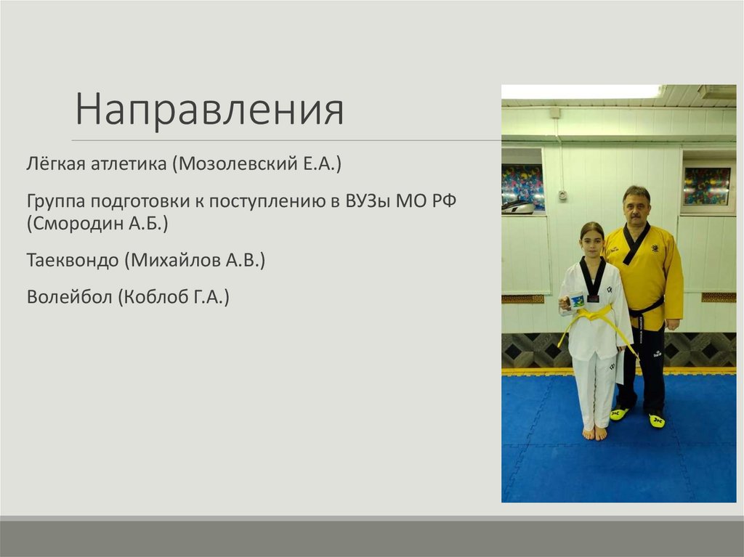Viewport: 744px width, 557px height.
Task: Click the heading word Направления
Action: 209,110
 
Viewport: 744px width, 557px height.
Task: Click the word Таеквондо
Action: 72,260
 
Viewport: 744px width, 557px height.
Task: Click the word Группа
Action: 54,200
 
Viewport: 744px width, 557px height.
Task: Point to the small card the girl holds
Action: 577,300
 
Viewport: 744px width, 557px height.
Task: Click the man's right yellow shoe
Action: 619,413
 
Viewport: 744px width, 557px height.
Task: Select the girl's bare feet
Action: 594,433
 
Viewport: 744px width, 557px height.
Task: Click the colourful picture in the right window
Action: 707,186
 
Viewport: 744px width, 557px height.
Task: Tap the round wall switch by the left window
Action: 562,195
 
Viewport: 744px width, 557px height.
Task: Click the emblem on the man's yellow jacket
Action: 655,248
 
